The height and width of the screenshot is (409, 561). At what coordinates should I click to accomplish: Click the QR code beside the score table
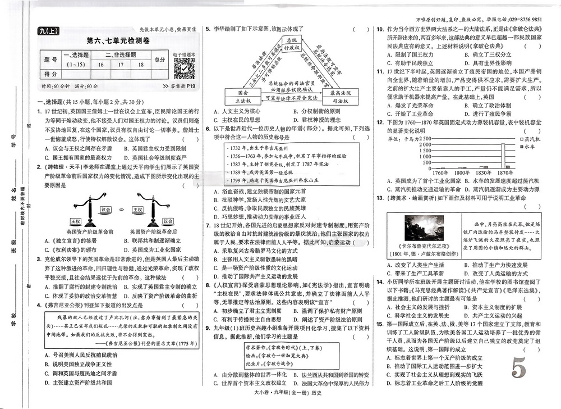(x=183, y=69)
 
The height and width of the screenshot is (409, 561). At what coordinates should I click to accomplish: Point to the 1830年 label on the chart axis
(x=468, y=172)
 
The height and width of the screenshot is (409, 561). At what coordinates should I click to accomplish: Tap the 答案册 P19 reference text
(x=178, y=86)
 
